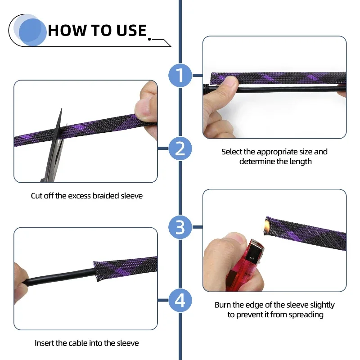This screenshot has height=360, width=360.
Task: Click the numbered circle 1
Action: pyautogui.click(x=180, y=75)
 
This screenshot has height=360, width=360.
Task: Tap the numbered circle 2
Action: pyautogui.click(x=180, y=148)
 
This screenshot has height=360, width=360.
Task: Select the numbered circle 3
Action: pyautogui.click(x=180, y=227)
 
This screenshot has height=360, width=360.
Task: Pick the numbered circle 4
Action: pyautogui.click(x=180, y=300)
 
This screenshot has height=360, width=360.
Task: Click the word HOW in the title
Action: pyautogui.click(x=67, y=31)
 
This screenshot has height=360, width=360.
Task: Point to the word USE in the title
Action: pyautogui.click(x=131, y=31)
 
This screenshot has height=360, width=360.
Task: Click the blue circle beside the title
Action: pyautogui.click(x=32, y=32)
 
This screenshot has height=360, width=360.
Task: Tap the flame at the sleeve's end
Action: pyautogui.click(x=266, y=225)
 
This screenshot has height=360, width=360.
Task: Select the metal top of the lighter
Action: pyautogui.click(x=255, y=249)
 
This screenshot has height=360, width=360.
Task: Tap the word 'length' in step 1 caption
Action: pyautogui.click(x=301, y=162)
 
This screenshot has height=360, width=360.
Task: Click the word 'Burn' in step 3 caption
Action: pyautogui.click(x=223, y=305)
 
